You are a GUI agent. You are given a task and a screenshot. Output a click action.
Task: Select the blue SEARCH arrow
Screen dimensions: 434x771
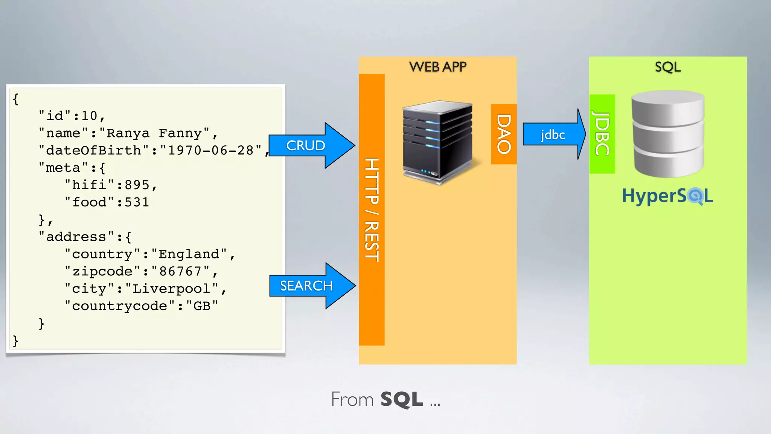[x=307, y=286]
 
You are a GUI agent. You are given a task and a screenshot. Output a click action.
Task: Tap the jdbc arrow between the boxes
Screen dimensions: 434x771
[x=553, y=134]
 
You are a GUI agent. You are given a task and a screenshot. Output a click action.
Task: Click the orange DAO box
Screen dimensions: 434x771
[x=504, y=134]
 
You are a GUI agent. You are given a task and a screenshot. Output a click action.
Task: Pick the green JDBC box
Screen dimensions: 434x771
[x=602, y=134]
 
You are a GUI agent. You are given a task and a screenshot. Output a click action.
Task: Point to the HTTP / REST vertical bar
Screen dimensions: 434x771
[x=372, y=209]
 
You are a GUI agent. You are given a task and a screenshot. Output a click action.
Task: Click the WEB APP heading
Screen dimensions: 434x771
[x=437, y=67]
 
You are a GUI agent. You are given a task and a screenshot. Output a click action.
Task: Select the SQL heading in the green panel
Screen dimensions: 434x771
[x=667, y=67]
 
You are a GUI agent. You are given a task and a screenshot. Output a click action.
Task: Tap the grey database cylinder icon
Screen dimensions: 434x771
[x=667, y=134]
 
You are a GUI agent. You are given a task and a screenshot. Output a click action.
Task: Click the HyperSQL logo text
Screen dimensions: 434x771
[x=667, y=196]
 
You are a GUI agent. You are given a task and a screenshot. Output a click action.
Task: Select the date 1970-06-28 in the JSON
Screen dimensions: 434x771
[x=211, y=150]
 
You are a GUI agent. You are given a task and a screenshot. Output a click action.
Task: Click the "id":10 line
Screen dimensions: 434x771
[x=72, y=116]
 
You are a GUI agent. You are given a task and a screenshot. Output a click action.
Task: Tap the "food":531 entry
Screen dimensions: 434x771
[x=107, y=202]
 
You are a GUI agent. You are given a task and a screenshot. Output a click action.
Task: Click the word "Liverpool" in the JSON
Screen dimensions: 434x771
[x=171, y=289]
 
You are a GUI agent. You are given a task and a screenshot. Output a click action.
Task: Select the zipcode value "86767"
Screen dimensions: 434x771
[x=181, y=271]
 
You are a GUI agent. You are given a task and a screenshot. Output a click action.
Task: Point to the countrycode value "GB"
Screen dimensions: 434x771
[x=202, y=306]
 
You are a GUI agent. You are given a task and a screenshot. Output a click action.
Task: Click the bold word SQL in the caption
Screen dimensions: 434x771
[x=402, y=399]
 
